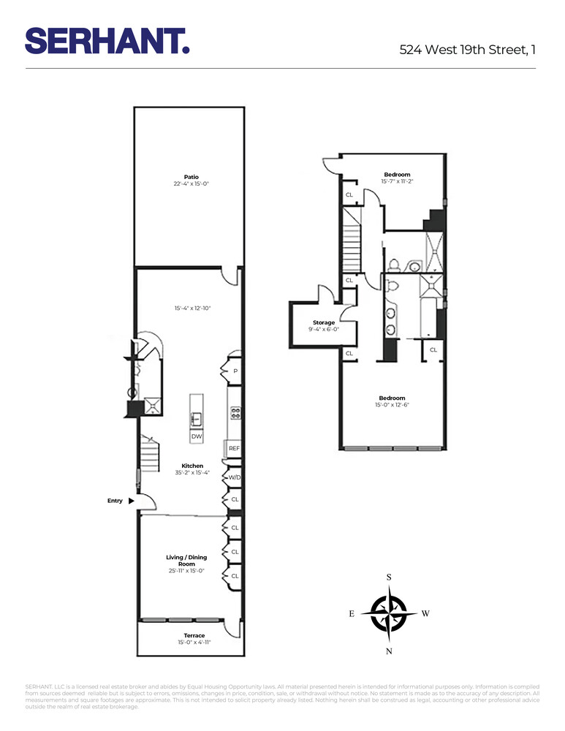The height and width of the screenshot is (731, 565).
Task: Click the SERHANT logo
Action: click(107, 40)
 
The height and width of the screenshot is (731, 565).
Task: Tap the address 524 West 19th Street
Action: click(468, 50)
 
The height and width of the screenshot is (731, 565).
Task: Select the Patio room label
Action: click(192, 176)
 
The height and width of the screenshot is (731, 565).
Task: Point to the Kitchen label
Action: click(192, 466)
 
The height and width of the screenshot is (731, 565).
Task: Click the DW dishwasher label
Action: click(196, 436)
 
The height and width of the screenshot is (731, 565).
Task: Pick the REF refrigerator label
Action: click(235, 448)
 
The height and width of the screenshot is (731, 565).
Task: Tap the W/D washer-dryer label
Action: click(235, 477)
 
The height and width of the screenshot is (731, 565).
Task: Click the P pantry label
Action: click(235, 371)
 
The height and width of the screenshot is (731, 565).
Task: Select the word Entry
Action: click(115, 501)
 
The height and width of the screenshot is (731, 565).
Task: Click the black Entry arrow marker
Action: click(131, 501)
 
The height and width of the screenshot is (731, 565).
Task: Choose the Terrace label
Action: click(194, 635)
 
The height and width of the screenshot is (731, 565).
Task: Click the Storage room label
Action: click(324, 322)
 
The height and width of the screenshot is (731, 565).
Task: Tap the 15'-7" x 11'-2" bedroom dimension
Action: click(397, 181)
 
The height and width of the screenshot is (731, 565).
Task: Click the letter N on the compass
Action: click(389, 651)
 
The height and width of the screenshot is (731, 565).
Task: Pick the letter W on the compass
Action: click(425, 614)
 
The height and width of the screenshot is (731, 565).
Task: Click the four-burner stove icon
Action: click(236, 412)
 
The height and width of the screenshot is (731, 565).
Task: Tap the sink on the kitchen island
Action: click(196, 419)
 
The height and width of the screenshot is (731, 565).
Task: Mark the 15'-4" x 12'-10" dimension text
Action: click(192, 308)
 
